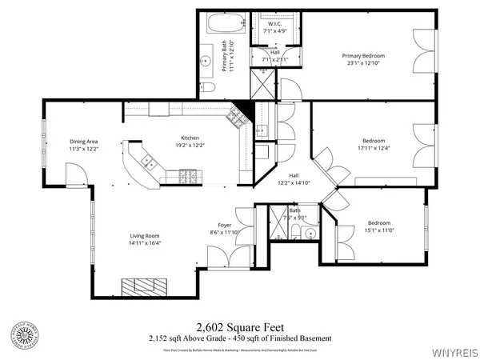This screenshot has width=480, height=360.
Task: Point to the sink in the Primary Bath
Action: pos(204,59)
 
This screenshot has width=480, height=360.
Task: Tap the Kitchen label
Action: pos(190,138)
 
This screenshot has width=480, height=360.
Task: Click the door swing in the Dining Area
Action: pos(74,170)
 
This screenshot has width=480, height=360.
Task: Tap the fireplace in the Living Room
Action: pos(146,286)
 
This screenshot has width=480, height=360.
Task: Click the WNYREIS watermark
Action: pos(455,350)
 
